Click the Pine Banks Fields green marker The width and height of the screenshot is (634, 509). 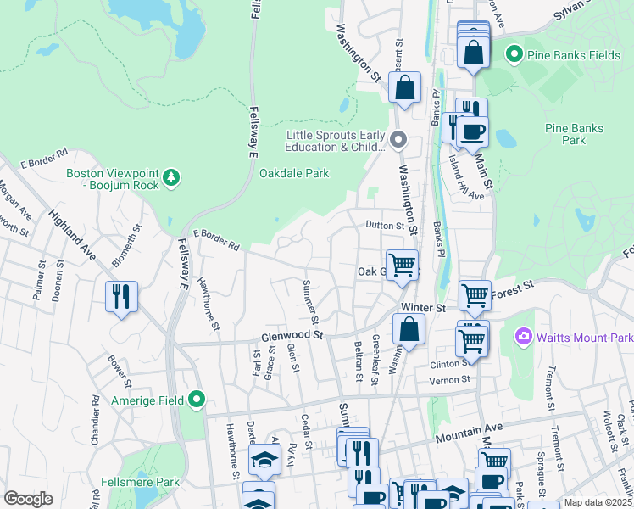click(513, 55)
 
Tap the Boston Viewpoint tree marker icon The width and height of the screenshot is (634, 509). click(172, 176)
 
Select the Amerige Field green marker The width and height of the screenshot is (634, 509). click(197, 399)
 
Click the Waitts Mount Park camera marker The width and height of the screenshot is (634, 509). click(523, 338)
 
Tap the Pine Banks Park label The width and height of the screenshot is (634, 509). click(575, 134)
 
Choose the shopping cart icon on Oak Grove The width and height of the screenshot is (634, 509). click(402, 264)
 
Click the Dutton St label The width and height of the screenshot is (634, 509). click(386, 226)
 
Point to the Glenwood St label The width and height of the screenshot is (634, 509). click(293, 336)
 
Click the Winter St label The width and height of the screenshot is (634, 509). click(424, 306)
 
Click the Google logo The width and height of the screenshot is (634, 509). click(28, 499)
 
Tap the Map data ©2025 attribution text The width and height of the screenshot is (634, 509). click(598, 502)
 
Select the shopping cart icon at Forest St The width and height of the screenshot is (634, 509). click(475, 296)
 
